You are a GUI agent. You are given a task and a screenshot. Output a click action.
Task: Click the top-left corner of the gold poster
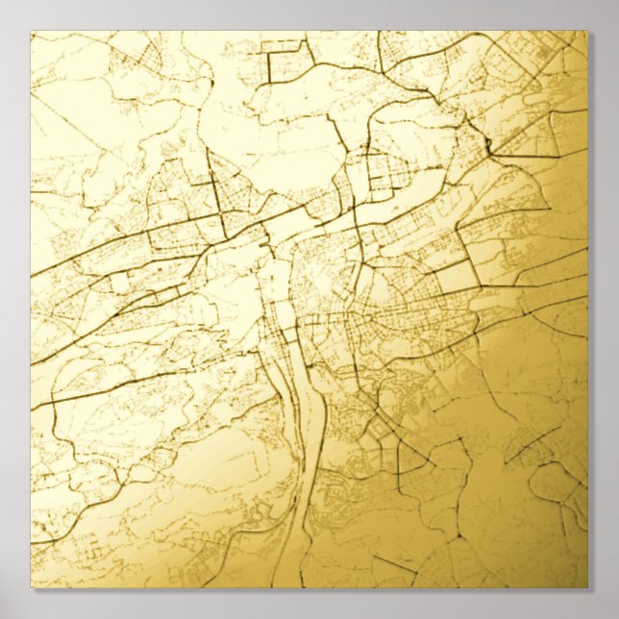[x=32, y=33]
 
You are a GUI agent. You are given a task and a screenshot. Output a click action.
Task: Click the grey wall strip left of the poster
[x=14, y=308]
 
